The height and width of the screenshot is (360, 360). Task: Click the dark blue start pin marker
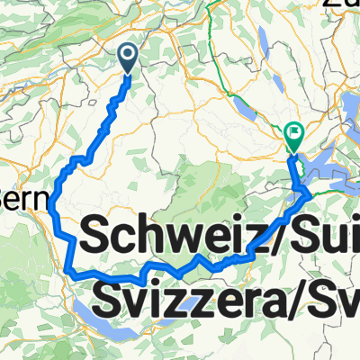(x=128, y=58)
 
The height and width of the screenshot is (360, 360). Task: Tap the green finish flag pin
(x=293, y=137)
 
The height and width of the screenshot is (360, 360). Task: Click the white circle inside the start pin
(x=128, y=56)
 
